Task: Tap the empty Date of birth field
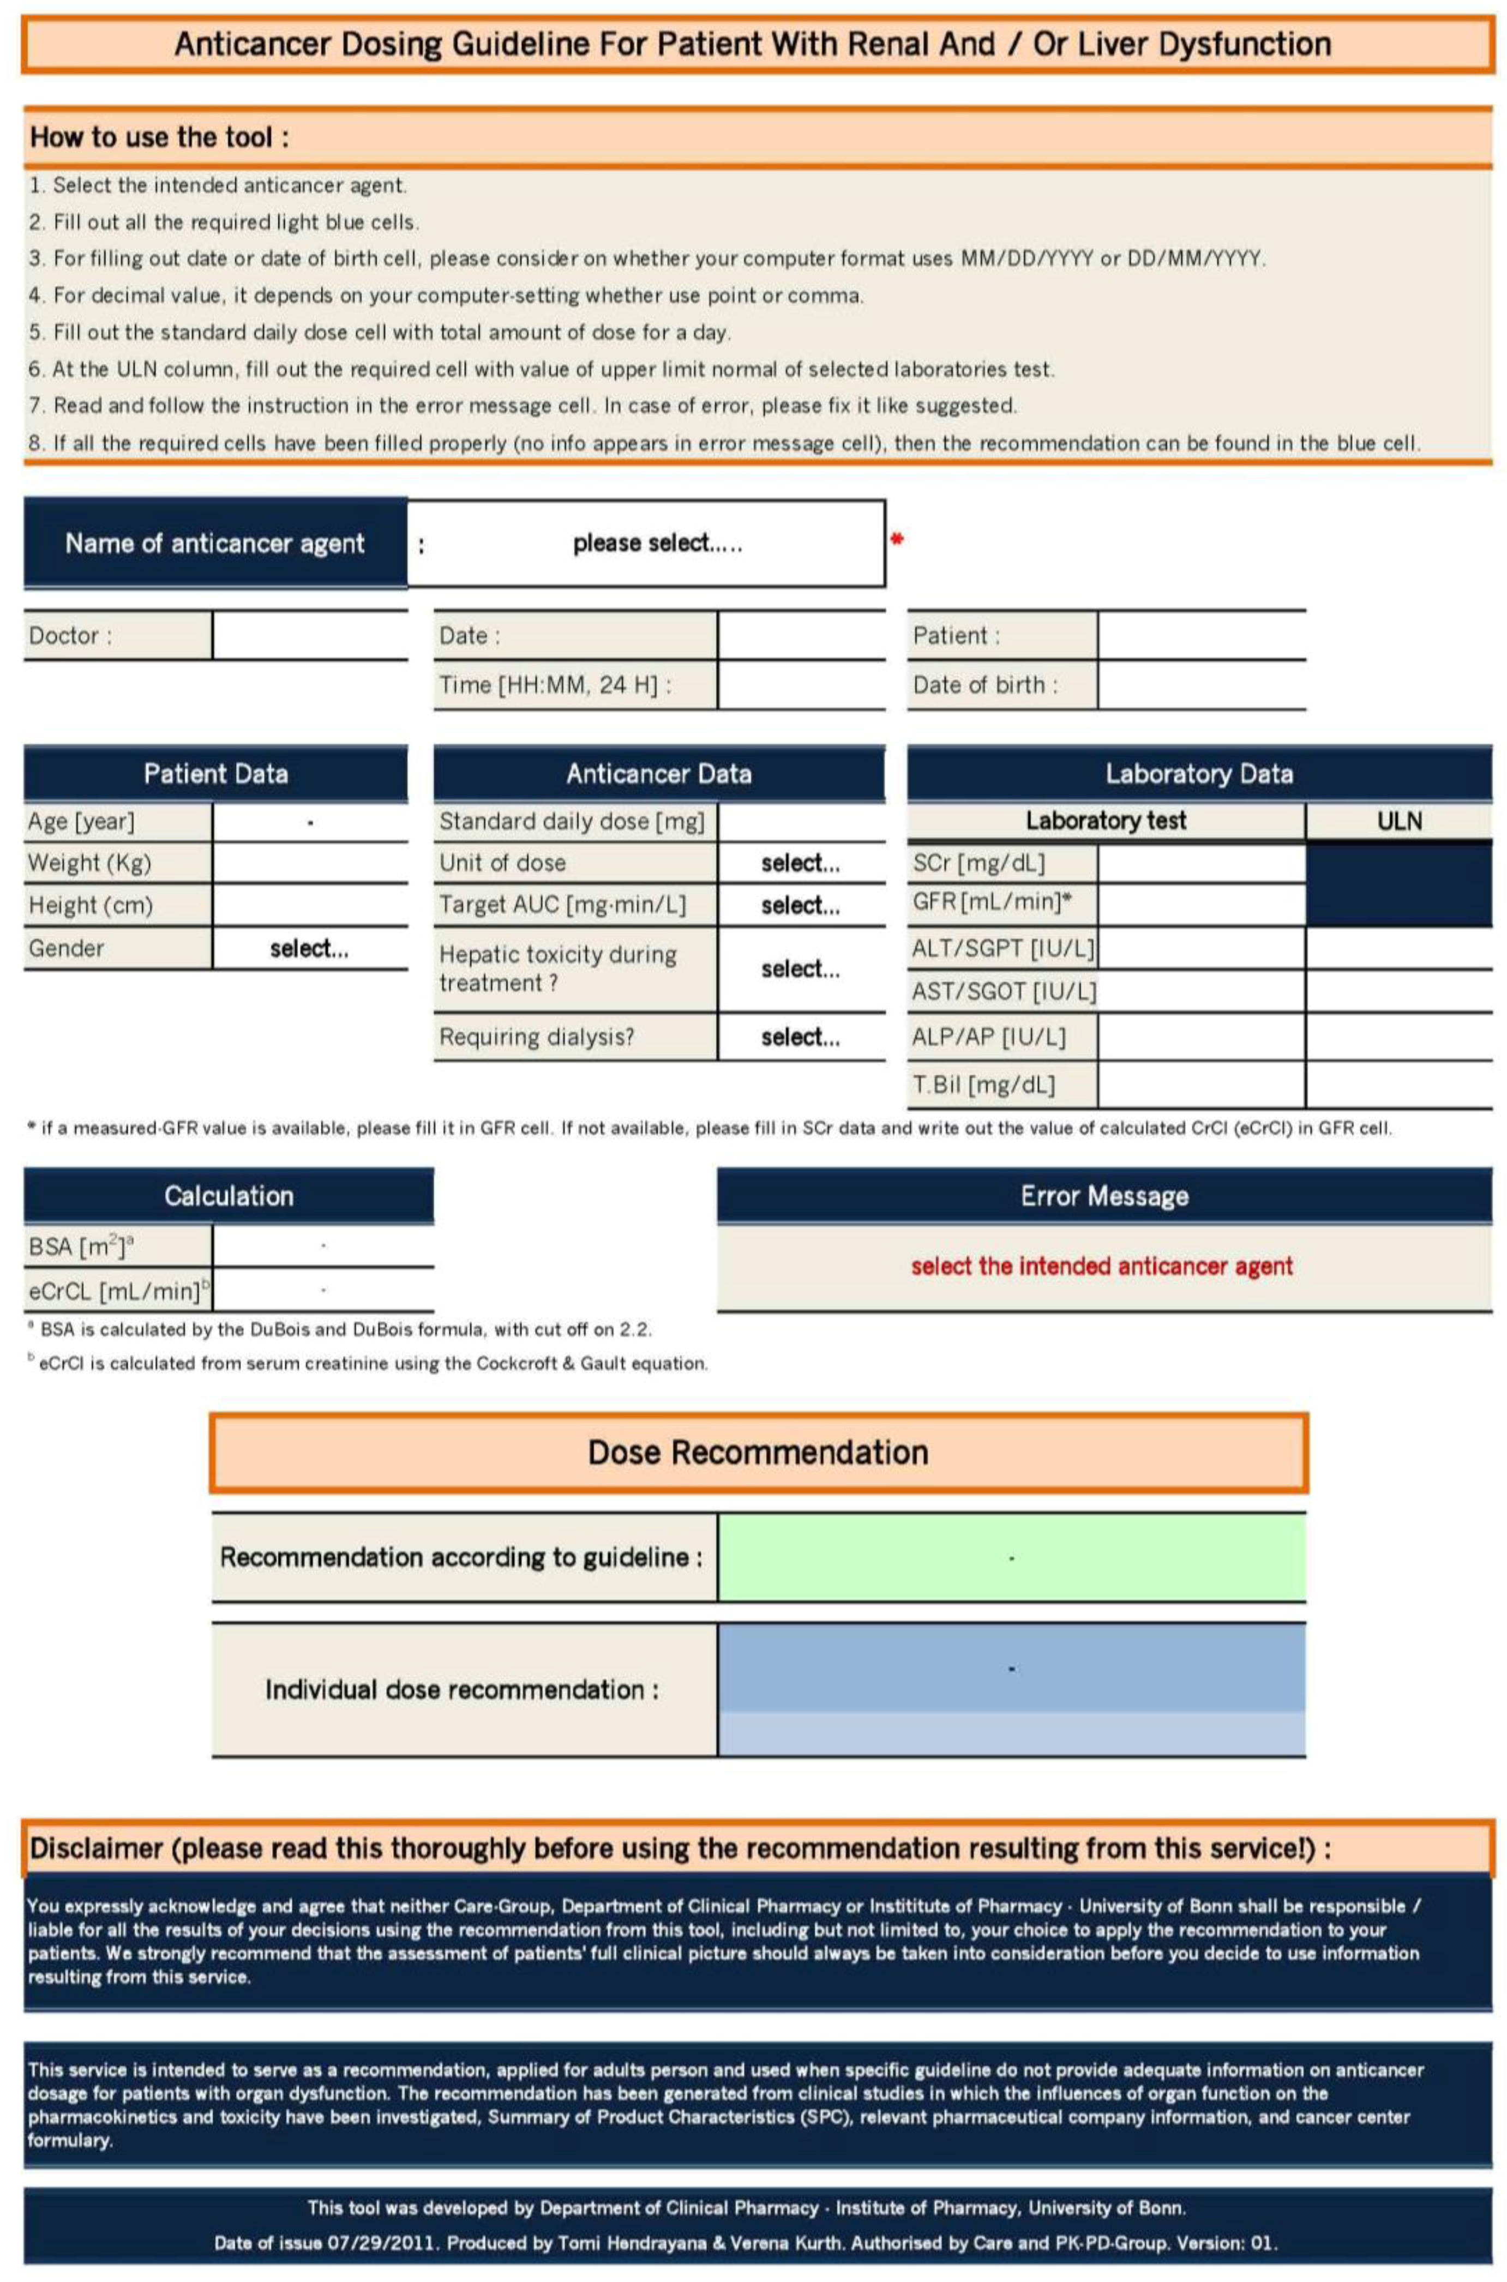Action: click(x=1202, y=685)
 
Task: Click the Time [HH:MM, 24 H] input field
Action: click(x=801, y=685)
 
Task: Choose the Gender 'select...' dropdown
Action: click(x=309, y=948)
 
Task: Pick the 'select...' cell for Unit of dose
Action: click(x=801, y=863)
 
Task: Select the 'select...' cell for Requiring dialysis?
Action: click(x=801, y=1037)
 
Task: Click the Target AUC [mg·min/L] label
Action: click(x=562, y=905)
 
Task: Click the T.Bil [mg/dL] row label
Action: click(x=983, y=1085)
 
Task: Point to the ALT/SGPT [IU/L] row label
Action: click(x=1002, y=948)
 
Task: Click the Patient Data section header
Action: click(x=215, y=773)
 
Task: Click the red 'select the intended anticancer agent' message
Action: click(x=1101, y=1266)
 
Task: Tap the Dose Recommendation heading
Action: click(x=758, y=1452)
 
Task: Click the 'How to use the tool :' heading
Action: click(x=160, y=137)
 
